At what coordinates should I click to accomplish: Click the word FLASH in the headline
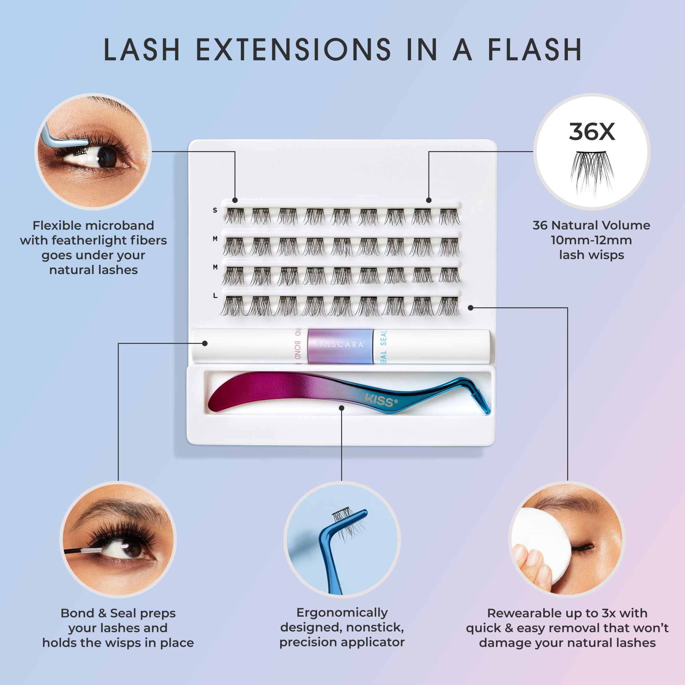535,50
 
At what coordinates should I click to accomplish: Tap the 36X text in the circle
592,132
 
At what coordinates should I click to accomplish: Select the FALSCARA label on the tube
340,345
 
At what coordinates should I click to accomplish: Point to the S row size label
215,210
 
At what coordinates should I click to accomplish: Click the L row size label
215,295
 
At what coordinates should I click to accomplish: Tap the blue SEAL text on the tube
383,346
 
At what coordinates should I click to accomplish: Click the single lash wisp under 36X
592,172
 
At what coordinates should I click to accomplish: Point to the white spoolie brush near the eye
91,551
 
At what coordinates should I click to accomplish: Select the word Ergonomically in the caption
342,613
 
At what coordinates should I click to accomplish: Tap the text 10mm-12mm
591,240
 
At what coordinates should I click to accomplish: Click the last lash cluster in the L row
449,306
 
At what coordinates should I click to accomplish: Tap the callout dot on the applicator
341,408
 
